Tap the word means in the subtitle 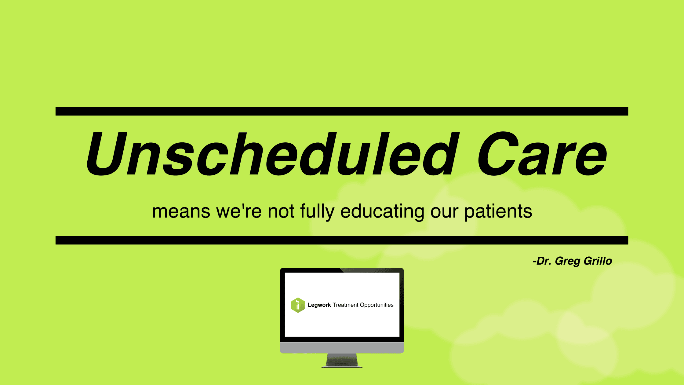pyautogui.click(x=181, y=211)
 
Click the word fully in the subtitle pyautogui.click(x=317, y=211)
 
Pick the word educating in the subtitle pyautogui.click(x=382, y=211)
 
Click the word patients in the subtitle pyautogui.click(x=498, y=211)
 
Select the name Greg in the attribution pyautogui.click(x=568, y=261)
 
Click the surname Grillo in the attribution pyautogui.click(x=598, y=261)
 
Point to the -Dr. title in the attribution pyautogui.click(x=542, y=261)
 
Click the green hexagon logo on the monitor pyautogui.click(x=298, y=305)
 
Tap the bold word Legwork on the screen pyautogui.click(x=319, y=305)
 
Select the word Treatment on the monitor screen pyautogui.click(x=346, y=305)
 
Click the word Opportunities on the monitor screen pyautogui.click(x=377, y=305)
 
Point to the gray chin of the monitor pyautogui.click(x=342, y=348)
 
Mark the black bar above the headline pyautogui.click(x=342, y=111)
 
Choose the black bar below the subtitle pyautogui.click(x=342, y=240)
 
